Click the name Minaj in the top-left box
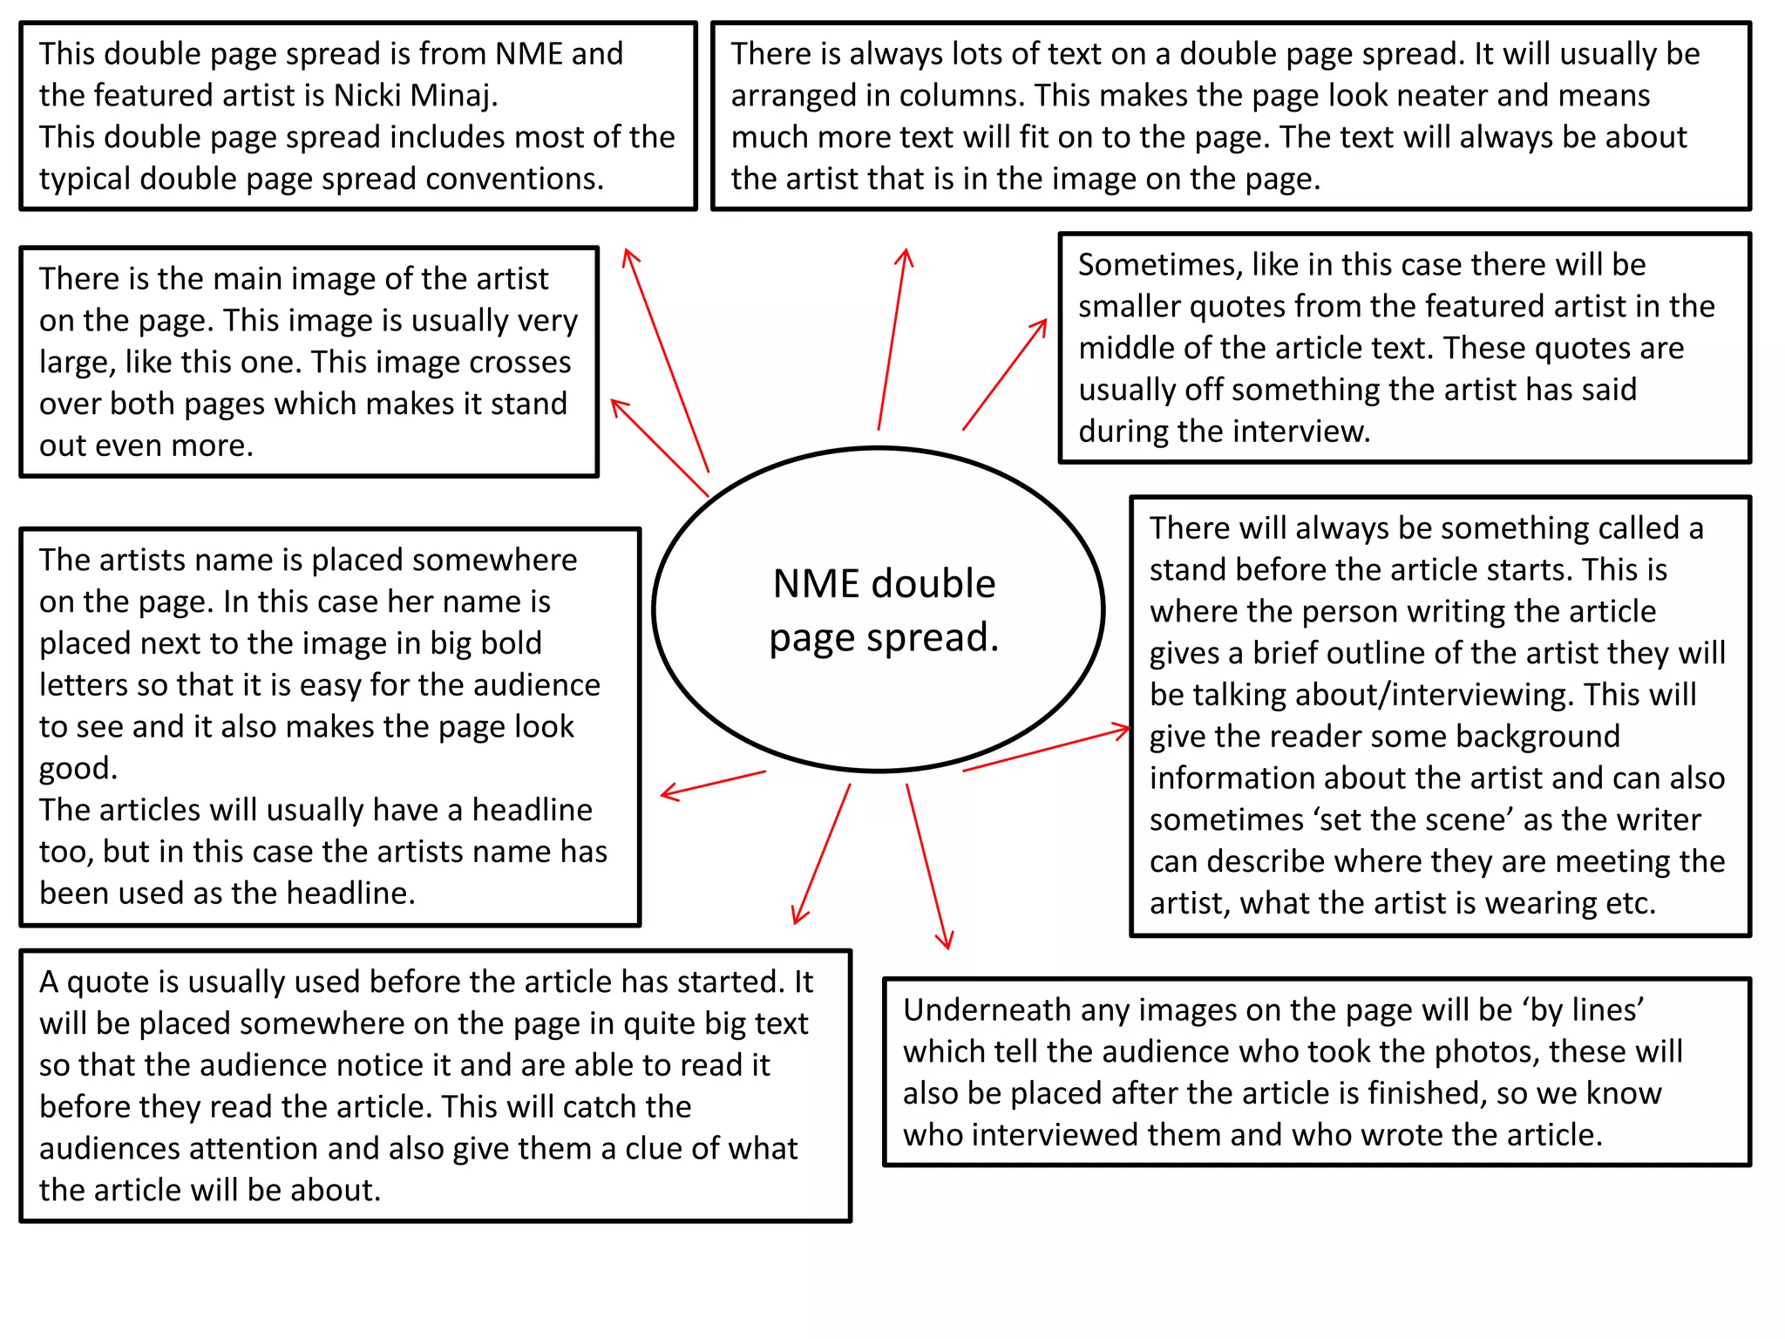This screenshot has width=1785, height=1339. tap(451, 96)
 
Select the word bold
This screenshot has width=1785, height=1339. tap(508, 643)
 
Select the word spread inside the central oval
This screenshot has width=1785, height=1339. tap(926, 638)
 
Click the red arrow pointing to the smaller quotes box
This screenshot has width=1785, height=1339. tap(1005, 374)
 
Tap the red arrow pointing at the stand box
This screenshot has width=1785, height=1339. tap(1046, 750)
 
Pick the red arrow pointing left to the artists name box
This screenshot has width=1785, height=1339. tap(713, 784)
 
